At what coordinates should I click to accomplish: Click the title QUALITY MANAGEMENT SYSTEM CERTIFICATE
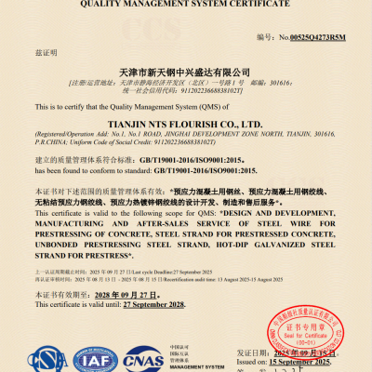coord(187,4)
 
